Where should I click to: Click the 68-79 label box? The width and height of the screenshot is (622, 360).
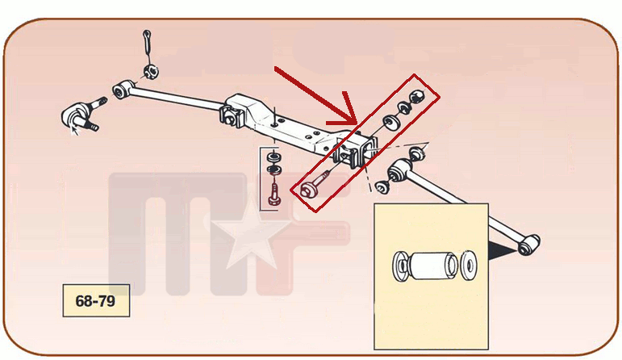click(x=96, y=300)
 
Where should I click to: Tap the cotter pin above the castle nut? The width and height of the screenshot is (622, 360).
click(x=148, y=41)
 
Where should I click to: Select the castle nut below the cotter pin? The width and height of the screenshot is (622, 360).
click(x=150, y=72)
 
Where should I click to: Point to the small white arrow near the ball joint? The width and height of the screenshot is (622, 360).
click(x=74, y=130)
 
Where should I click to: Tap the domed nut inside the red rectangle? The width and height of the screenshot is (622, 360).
click(x=415, y=96)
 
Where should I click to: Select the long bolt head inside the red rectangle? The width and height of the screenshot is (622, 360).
click(x=308, y=189)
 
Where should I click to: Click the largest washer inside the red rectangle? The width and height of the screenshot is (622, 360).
click(x=390, y=123)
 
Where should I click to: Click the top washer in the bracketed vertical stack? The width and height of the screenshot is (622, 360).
click(x=273, y=156)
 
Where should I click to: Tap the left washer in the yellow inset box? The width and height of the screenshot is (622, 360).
click(x=400, y=266)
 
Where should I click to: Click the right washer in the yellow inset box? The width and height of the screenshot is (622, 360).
click(x=469, y=265)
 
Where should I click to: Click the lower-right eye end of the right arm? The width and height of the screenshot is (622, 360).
click(x=528, y=245)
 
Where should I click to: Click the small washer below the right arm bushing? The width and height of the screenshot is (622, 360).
click(x=382, y=187)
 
